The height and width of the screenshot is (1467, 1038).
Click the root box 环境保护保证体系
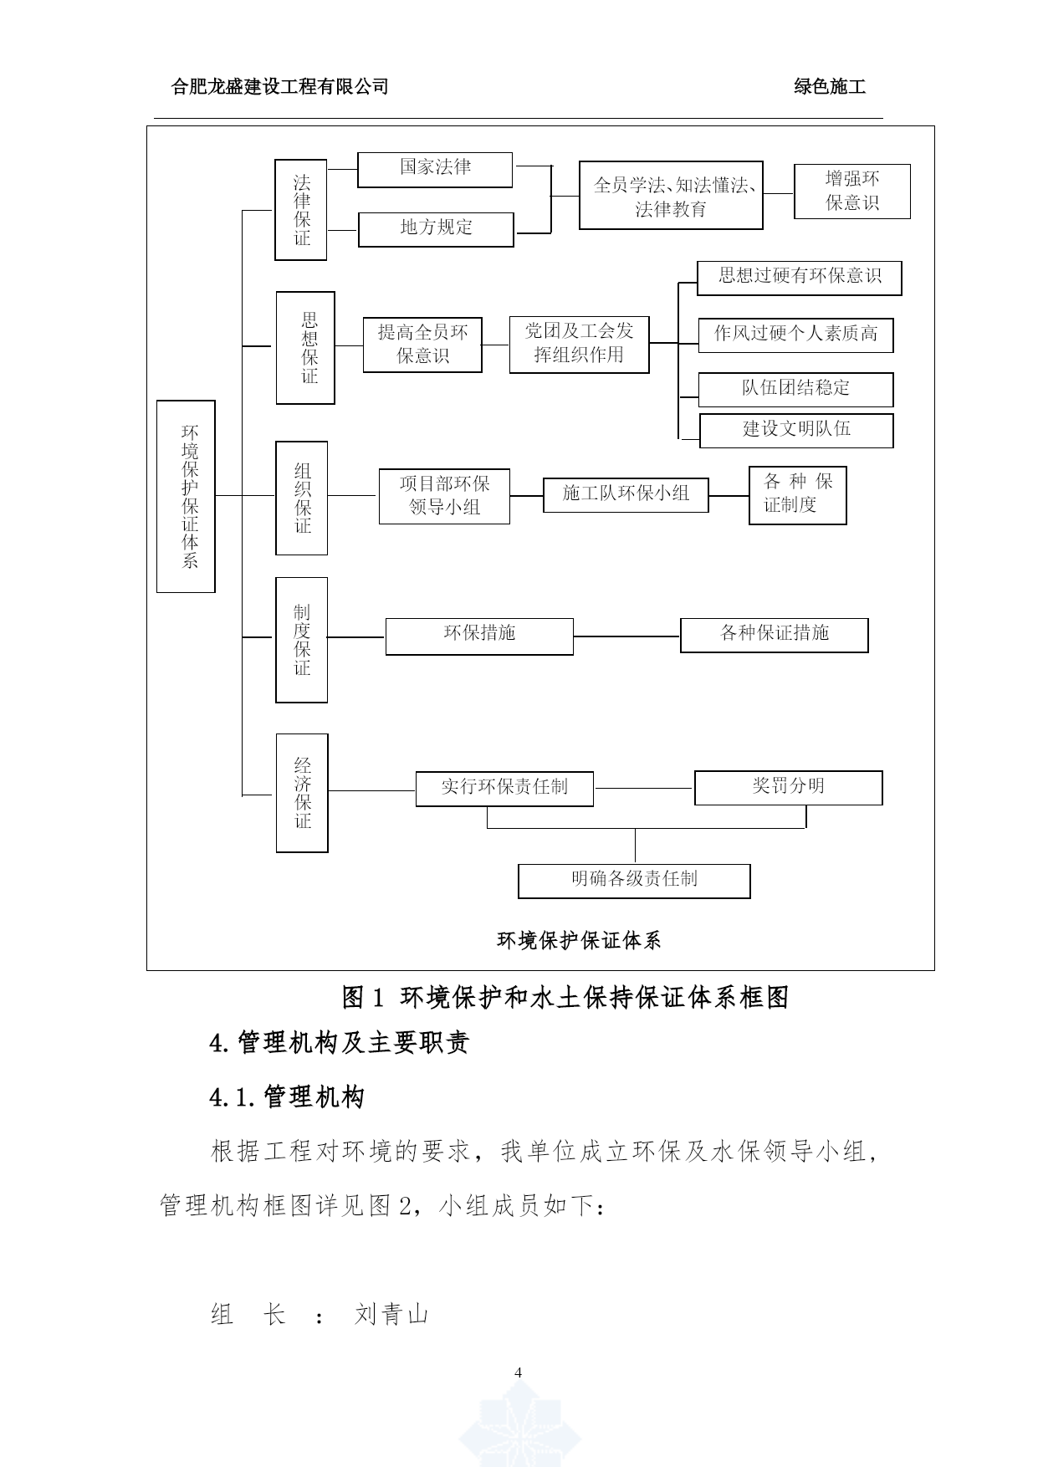click(x=186, y=496)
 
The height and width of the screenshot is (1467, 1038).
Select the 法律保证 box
click(x=301, y=210)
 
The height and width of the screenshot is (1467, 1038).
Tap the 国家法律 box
click(x=435, y=170)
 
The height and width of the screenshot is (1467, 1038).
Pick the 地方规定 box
click(x=436, y=229)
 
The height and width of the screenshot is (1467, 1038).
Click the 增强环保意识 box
click(x=852, y=192)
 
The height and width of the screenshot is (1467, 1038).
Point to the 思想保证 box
click(x=306, y=348)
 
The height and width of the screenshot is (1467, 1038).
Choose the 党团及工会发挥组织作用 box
click(x=580, y=345)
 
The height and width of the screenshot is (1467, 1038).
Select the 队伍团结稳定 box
click(x=796, y=390)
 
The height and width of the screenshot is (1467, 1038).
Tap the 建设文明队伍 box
click(x=796, y=431)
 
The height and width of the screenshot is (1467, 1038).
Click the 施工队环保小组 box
click(x=626, y=495)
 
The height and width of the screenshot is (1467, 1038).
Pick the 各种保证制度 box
click(x=798, y=495)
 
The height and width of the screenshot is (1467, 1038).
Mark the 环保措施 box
click(x=479, y=636)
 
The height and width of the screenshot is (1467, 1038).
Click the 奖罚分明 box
click(x=789, y=788)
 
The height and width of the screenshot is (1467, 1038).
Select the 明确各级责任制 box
click(x=634, y=881)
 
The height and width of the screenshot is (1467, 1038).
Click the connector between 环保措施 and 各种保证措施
click(x=627, y=636)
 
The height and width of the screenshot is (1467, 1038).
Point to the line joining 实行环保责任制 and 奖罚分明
click(x=644, y=788)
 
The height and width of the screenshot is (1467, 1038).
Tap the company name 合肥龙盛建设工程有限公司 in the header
click(x=279, y=87)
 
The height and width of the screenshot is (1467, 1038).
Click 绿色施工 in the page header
click(x=830, y=87)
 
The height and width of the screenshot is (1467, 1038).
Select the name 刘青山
click(x=391, y=1315)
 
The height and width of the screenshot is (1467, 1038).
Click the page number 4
click(x=519, y=1372)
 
